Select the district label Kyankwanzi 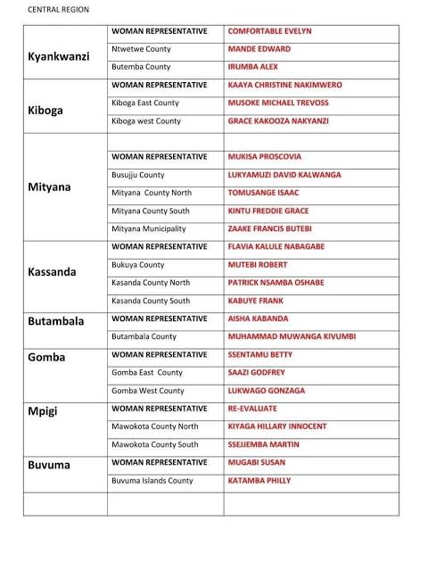point(59,56)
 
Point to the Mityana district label point(50,188)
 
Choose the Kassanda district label point(52,271)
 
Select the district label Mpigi point(44,411)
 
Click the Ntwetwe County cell point(141,49)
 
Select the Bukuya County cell point(138,265)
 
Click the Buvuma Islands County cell point(152,481)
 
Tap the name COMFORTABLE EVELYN point(270,31)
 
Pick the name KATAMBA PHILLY point(259,481)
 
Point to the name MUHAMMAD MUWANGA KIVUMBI point(292,336)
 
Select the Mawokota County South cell point(155,444)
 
